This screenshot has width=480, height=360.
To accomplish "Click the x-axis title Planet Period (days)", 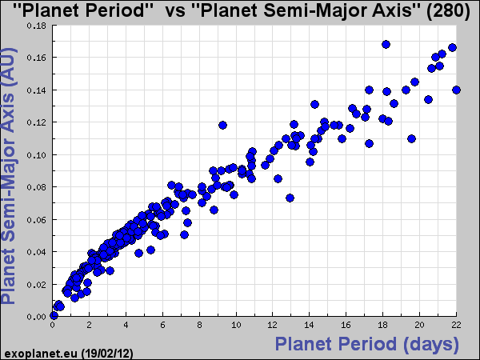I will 367,345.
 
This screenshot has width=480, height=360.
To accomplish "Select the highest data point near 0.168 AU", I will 386,45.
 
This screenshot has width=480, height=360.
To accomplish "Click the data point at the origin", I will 53,316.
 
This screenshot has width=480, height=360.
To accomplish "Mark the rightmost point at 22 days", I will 456,90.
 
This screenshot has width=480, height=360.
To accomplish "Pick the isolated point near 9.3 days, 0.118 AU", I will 223,125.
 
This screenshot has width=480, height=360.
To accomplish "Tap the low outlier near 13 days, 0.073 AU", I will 290,198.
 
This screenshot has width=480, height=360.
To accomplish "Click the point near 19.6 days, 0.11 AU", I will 411,138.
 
